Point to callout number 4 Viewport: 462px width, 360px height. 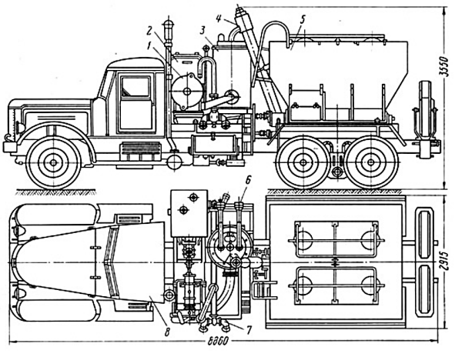[x=220, y=16]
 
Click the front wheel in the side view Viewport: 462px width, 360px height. [x=53, y=162]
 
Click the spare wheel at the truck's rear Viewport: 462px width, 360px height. [x=423, y=115]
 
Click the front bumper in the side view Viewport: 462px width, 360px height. [x=11, y=145]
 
